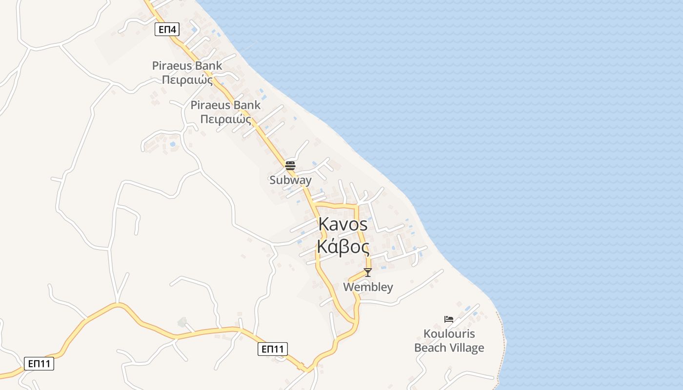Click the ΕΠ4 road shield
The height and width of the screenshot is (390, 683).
coord(167,30)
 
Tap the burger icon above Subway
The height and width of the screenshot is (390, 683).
coord(290,165)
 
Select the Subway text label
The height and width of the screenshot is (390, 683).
coord(290,180)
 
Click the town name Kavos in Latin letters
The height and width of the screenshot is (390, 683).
coord(343,224)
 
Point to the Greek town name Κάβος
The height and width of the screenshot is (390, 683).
coord(343,247)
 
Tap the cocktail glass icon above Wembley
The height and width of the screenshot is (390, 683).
coord(368,272)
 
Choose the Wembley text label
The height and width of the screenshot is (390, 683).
coord(368,287)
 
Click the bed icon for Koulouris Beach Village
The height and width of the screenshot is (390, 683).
coord(449,319)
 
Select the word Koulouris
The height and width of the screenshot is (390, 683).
coord(449,334)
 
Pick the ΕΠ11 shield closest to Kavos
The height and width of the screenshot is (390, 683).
coord(272,349)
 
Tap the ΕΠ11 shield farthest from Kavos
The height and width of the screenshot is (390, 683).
coord(39,364)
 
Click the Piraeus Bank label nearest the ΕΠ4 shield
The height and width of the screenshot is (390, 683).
coord(187,65)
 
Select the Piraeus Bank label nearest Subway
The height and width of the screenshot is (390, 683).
coord(225,105)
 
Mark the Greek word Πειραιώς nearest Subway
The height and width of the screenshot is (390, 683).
coord(225,119)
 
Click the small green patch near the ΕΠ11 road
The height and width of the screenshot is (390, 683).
coord(182,322)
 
